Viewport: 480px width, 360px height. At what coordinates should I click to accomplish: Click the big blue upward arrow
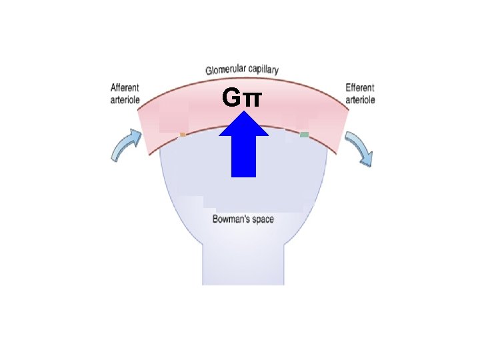pos(244,144)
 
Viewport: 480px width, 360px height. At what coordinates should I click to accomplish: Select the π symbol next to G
pos(253,100)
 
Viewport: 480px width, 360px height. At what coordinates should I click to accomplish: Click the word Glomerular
pos(225,70)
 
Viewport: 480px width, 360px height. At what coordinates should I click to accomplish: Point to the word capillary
pos(263,70)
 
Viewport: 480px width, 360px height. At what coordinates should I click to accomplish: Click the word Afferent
pos(125,88)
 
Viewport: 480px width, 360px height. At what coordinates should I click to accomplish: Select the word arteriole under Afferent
pos(125,100)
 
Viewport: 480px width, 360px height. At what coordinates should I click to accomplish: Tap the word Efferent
pos(360,88)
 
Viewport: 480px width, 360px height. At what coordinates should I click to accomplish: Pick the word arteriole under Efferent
pos(360,100)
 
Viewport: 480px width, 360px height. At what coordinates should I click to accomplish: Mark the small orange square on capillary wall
pos(183,135)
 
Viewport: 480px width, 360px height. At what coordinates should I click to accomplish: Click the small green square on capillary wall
pos(304,135)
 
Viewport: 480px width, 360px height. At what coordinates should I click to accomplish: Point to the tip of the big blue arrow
pos(244,111)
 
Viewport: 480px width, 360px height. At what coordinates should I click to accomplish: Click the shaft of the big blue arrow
pos(244,157)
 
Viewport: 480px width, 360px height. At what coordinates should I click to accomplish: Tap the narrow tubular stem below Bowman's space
pos(243,264)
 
